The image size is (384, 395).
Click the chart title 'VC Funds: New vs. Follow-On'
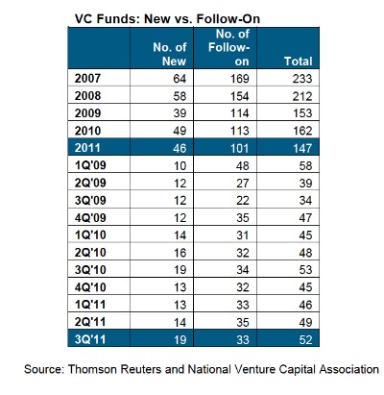point(167,19)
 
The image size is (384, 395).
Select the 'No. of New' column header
point(170,54)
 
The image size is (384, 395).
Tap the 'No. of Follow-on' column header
point(228,47)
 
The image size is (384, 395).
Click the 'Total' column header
point(299,62)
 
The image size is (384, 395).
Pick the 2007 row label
point(87,78)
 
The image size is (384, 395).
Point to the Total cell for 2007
point(302,79)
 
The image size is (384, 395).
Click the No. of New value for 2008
point(180,96)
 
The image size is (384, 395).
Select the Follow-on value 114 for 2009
point(240,113)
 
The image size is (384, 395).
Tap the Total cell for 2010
point(302,131)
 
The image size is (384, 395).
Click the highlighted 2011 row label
point(87,148)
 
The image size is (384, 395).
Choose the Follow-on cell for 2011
point(240,148)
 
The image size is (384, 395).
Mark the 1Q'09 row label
point(90,165)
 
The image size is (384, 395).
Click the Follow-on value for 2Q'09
point(243,183)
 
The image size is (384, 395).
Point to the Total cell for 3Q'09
point(305,200)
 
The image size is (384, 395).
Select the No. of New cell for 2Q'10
point(180,253)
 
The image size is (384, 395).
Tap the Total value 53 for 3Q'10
point(305,270)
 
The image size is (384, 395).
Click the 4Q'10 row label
point(90,287)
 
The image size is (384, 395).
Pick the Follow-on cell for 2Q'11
point(243,322)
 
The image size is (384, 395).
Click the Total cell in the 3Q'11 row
point(305,339)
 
